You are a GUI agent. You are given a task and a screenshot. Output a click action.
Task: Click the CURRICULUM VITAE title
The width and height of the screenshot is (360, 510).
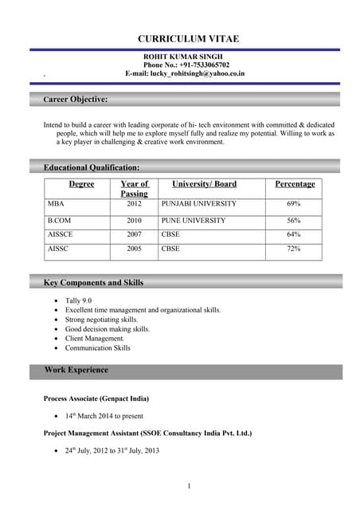point(188,39)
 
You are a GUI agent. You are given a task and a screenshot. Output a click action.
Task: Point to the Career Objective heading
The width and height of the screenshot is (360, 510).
point(76,100)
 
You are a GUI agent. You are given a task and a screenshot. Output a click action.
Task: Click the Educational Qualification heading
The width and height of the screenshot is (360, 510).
point(92,167)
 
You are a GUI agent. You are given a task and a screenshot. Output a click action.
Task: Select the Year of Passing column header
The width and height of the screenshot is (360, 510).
point(134,189)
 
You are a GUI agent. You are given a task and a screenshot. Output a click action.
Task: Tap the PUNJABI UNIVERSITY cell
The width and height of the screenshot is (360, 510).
point(198,204)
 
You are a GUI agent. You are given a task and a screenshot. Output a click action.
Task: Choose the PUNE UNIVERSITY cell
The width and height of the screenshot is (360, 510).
point(193,220)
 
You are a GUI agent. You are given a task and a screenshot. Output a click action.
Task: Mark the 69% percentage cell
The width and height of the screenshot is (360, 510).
point(294,204)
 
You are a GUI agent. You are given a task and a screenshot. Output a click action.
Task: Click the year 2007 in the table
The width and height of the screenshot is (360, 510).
point(134,235)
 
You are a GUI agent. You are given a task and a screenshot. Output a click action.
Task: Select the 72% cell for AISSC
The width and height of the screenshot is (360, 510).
point(294,249)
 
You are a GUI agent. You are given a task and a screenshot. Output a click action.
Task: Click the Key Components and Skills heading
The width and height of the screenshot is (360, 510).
point(93,282)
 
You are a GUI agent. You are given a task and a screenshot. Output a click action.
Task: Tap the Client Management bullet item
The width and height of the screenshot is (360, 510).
point(95,339)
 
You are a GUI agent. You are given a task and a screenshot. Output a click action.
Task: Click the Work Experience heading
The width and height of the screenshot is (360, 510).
point(76,371)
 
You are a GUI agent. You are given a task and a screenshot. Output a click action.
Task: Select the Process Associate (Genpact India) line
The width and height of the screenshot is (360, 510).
point(96,398)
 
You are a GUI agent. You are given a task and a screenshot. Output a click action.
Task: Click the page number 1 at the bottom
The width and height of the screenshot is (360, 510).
point(189,486)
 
